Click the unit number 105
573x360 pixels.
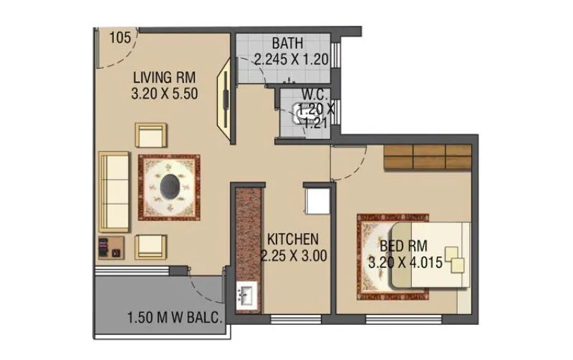pos(120,38)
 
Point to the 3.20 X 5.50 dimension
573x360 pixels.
pos(164,92)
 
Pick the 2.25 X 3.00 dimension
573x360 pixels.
pos(294,255)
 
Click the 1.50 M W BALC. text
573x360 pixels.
pos(173,317)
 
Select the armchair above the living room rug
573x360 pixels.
pos(151,135)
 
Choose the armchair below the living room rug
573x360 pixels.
pos(151,246)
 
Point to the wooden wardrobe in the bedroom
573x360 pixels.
pos(427,157)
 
